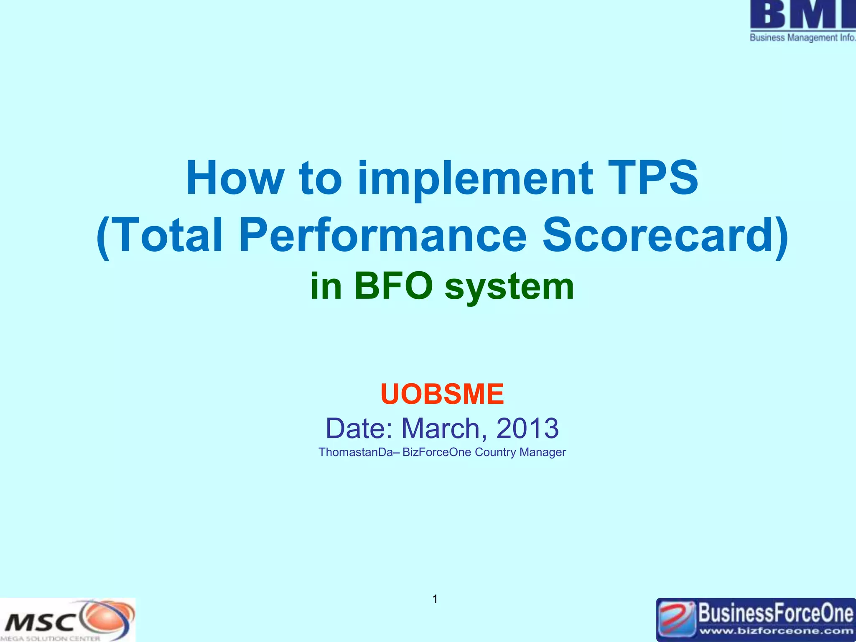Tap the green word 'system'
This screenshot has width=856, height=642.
point(509,288)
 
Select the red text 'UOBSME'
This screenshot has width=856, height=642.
point(442,394)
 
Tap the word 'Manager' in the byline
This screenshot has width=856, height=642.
point(543,452)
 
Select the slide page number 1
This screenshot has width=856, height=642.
point(435,599)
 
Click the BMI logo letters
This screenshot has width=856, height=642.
point(802,14)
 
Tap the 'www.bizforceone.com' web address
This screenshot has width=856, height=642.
point(776,631)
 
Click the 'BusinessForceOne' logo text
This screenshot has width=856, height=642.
point(776,614)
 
